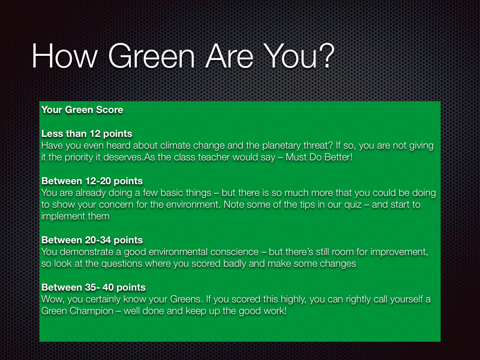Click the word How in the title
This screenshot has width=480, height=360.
click(x=65, y=56)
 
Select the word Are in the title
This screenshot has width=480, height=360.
click(x=229, y=56)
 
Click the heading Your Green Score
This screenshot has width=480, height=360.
click(x=82, y=110)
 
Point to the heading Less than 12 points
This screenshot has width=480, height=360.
click(x=87, y=134)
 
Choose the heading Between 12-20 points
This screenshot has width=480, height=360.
click(x=92, y=181)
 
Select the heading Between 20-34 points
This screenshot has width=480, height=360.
click(x=92, y=240)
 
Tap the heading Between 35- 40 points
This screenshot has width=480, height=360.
click(x=93, y=287)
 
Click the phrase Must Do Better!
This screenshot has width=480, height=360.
click(x=319, y=157)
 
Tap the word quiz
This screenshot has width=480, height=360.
click(x=353, y=205)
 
